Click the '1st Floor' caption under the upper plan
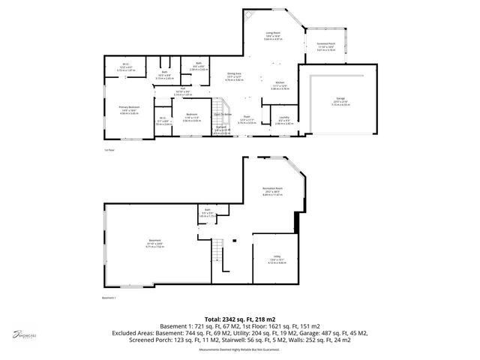109,150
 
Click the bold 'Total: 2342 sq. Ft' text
240,319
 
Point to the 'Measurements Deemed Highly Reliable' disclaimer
240,349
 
